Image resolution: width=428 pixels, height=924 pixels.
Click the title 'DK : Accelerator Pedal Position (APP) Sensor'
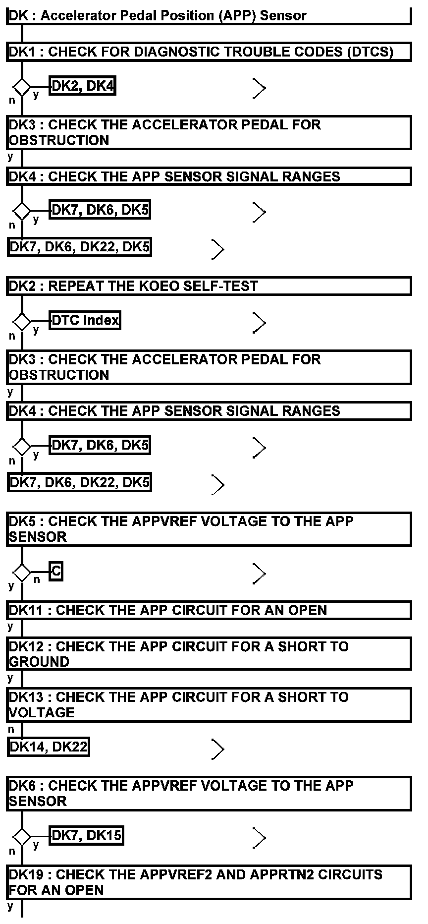[158, 15]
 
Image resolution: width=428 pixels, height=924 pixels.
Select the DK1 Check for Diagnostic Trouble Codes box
[209, 52]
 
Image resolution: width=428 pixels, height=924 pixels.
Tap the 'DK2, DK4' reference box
[83, 86]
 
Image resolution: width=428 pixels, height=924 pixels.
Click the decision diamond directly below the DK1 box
[22, 88]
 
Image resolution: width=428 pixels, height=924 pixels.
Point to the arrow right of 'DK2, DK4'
[259, 88]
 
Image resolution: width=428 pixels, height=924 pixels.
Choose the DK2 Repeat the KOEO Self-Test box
[209, 286]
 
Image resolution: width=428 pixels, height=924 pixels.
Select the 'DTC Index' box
[85, 320]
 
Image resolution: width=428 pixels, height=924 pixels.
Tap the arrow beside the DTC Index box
[259, 323]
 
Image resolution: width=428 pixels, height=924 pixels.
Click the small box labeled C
[56, 572]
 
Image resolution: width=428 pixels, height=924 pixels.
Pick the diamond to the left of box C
[22, 573]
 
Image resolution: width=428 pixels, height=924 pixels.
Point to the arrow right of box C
[259, 574]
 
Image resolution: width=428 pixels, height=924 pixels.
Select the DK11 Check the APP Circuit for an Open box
[209, 610]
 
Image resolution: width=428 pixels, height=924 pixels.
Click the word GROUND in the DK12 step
[39, 662]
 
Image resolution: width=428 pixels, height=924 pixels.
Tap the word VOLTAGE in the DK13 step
[42, 712]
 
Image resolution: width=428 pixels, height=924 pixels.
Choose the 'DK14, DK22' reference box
[49, 747]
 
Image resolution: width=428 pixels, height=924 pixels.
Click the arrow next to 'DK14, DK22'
[217, 749]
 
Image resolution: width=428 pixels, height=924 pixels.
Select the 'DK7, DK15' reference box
[87, 835]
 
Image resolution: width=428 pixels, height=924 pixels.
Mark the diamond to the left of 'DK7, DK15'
[22, 837]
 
